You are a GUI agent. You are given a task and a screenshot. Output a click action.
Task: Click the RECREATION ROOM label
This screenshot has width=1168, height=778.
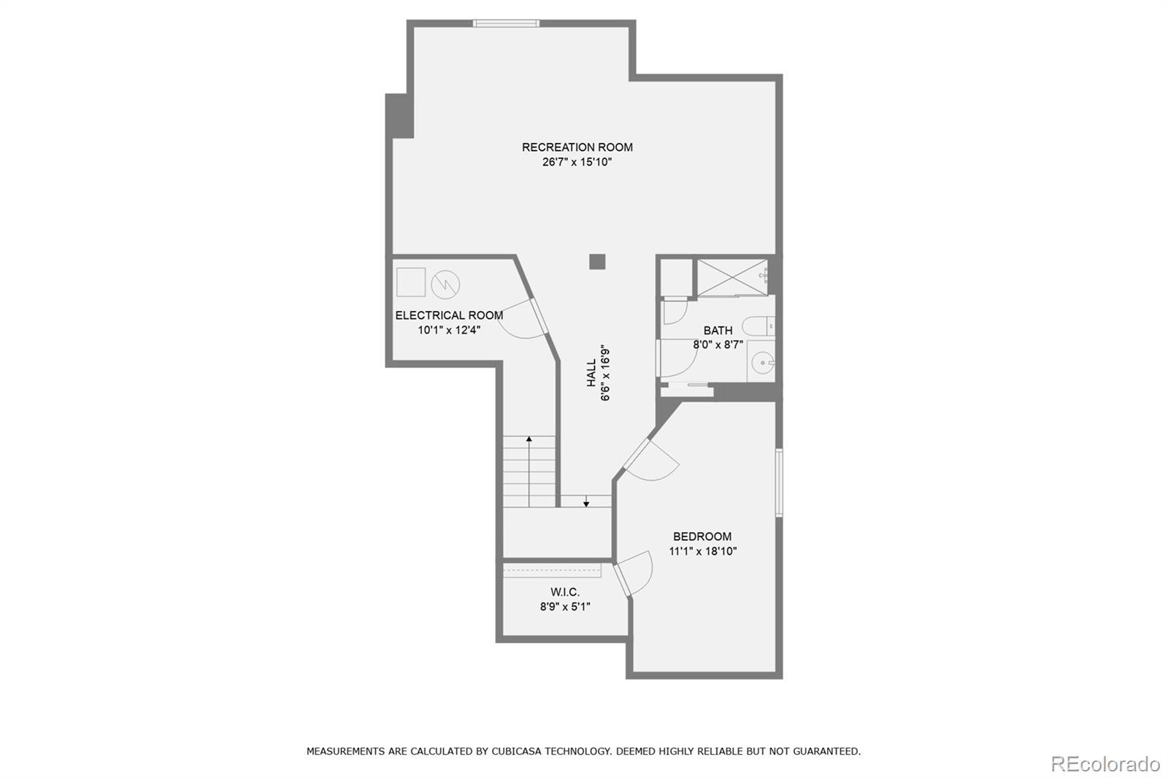pyautogui.click(x=577, y=147)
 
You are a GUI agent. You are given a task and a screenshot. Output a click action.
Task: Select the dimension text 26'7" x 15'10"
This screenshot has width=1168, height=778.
pyautogui.click(x=577, y=162)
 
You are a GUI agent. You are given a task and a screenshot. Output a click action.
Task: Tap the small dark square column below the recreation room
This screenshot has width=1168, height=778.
pyautogui.click(x=597, y=261)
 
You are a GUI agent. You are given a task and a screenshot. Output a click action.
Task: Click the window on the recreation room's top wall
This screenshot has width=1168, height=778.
pyautogui.click(x=506, y=23)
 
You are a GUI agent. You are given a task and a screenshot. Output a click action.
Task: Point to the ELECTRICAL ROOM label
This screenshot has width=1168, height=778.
pyautogui.click(x=449, y=315)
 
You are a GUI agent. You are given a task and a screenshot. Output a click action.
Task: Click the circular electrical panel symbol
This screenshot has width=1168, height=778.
pyautogui.click(x=445, y=285)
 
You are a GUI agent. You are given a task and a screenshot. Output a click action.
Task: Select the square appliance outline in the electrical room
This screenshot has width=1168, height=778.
pyautogui.click(x=411, y=282)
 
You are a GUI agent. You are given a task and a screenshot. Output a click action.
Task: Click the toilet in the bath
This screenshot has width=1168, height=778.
pyautogui.click(x=758, y=326)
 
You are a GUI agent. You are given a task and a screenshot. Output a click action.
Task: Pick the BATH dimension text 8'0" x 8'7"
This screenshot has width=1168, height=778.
pyautogui.click(x=718, y=344)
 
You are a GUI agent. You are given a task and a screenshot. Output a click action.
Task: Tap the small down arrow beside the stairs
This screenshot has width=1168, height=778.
pyautogui.click(x=585, y=503)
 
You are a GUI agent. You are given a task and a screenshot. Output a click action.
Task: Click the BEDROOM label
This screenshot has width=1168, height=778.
pyautogui.click(x=702, y=536)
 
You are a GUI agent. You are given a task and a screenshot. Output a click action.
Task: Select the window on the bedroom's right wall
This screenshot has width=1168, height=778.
pyautogui.click(x=779, y=482)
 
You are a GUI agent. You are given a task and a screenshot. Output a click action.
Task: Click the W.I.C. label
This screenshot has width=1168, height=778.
pyautogui.click(x=565, y=592)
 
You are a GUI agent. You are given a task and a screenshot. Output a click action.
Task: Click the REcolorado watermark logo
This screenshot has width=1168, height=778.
pyautogui.click(x=1104, y=764)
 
